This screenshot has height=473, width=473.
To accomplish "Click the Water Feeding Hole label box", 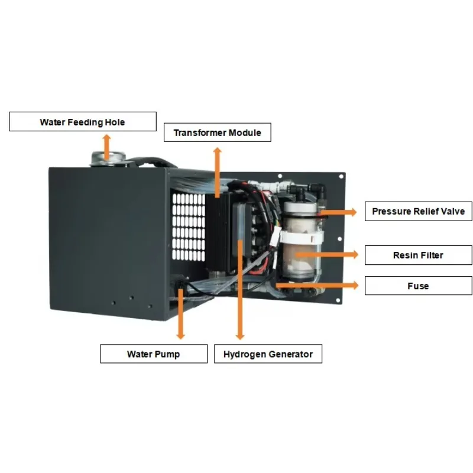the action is (83, 122).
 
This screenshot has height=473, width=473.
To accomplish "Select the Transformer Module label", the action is (218, 132).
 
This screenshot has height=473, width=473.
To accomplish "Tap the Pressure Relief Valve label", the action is (419, 211).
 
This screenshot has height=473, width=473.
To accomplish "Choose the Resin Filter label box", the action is (419, 255).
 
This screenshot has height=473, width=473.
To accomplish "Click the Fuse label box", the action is (419, 286).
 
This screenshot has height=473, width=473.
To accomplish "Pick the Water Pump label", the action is (154, 354).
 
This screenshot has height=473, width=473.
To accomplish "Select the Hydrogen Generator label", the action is (268, 354).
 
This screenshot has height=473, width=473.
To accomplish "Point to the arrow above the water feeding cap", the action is (106, 147).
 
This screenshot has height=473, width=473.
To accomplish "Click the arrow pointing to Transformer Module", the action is (218, 173).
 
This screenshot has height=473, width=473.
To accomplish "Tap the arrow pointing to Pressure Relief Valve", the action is (338, 212).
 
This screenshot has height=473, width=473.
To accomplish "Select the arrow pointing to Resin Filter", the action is (328, 255).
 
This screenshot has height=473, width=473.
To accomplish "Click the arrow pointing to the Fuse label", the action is (318, 285).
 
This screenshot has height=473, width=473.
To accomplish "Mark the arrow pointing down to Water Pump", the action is (180, 314).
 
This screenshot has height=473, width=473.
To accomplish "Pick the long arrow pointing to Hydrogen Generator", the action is (240, 290).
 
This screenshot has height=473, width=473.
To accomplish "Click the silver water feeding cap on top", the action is (108, 159).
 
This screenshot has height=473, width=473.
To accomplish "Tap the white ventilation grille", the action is (189, 227).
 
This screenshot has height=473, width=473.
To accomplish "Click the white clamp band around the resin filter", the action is (302, 237).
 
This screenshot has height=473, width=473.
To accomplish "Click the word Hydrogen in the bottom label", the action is (244, 354).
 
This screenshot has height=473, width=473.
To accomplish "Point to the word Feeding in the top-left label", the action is (85, 122).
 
